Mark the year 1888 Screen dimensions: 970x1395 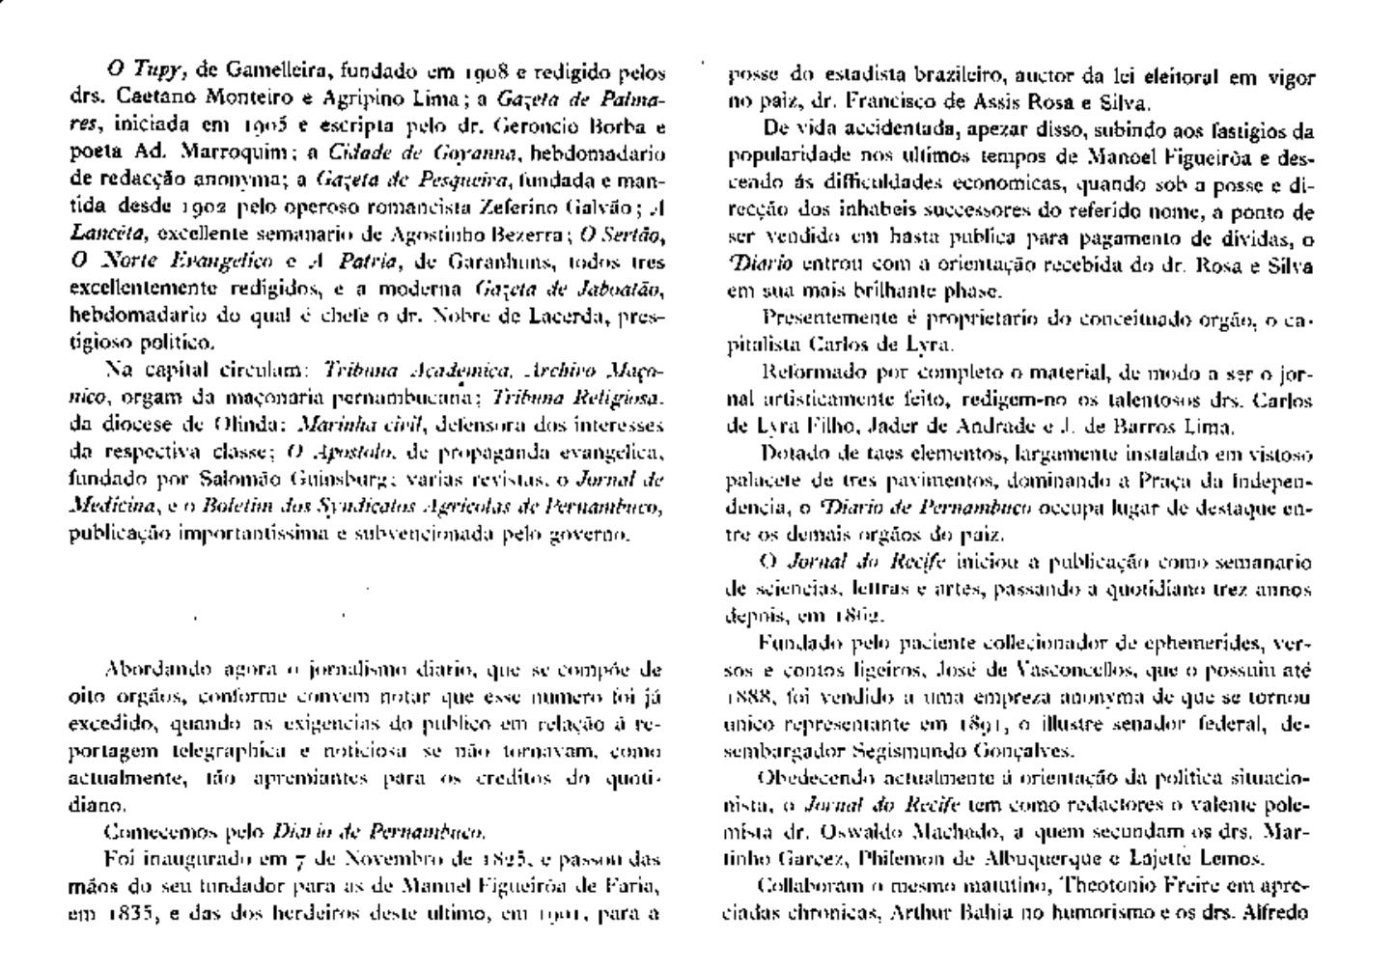(746, 697)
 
